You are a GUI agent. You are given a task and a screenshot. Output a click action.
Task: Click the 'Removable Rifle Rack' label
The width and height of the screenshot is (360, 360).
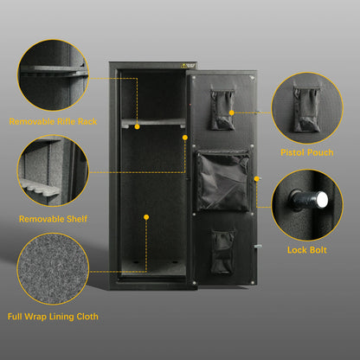click(x=52, y=121)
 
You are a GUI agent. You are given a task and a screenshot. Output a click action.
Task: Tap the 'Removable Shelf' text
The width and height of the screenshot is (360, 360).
click(x=52, y=219)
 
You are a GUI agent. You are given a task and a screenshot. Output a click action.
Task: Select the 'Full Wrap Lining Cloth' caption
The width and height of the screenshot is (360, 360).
click(x=52, y=317)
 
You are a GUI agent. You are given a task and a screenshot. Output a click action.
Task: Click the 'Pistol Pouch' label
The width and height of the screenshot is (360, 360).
click(x=305, y=151)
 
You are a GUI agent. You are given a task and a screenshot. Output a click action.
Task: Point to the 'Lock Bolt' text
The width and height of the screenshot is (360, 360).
click(x=305, y=250)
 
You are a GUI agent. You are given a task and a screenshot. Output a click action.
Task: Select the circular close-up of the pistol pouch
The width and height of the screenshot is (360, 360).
click(x=306, y=106)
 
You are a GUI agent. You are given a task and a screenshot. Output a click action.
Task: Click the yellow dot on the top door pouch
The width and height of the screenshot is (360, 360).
click(x=233, y=112)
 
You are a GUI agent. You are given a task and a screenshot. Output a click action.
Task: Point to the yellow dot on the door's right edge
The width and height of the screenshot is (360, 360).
click(x=258, y=179)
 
